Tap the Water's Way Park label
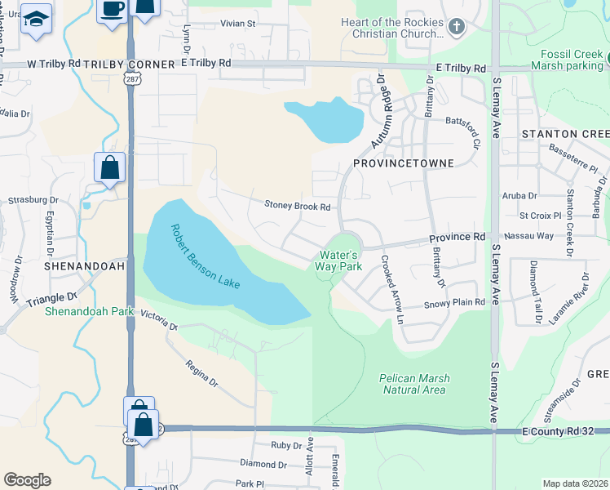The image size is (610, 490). pos(339,261)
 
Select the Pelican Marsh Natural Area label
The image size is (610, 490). pos(414,384)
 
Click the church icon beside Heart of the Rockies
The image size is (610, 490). pos(456,29)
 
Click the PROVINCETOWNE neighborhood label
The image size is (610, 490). pos(403,163)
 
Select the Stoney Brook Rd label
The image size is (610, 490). pos(297,207)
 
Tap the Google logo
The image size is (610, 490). pos(27,480)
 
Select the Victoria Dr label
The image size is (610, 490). pos(159,320)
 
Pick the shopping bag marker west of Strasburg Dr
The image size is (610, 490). pos(110,169)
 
